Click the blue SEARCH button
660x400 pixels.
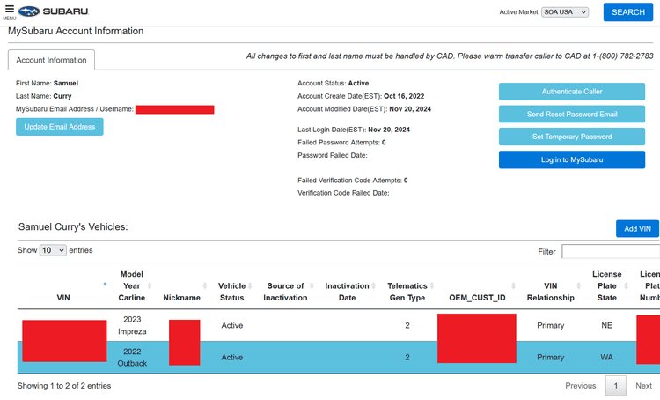click(627, 12)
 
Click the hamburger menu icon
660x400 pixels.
click(9, 9)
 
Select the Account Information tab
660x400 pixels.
click(51, 60)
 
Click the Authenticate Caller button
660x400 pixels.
click(572, 92)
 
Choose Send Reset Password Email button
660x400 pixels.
click(572, 115)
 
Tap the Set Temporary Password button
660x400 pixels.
click(572, 137)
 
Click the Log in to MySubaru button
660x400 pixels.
click(572, 159)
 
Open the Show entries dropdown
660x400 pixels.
click(53, 251)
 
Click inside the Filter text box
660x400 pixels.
click(611, 252)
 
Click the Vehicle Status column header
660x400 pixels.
click(232, 292)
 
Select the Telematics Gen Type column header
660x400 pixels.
click(407, 292)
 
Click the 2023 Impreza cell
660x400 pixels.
click(132, 325)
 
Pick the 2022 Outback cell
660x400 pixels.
click(132, 357)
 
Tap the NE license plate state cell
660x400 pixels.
click(606, 325)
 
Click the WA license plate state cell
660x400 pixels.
click(606, 357)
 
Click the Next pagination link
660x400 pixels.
click(643, 386)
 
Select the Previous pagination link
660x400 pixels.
click(580, 386)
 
